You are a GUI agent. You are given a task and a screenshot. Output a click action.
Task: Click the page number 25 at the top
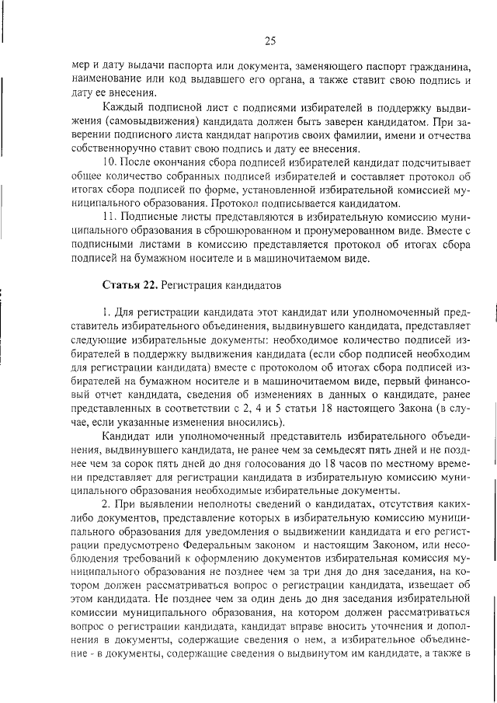(270, 41)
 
